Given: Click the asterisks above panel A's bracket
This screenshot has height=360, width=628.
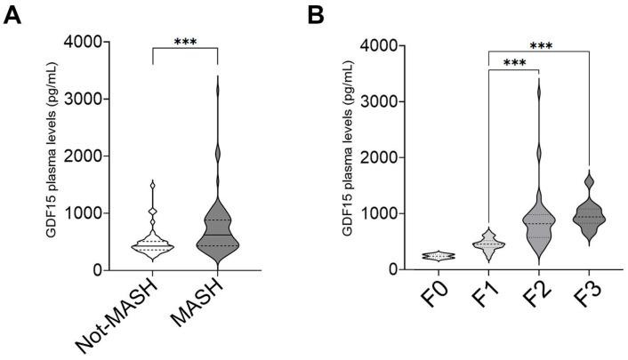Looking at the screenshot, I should coord(185,42).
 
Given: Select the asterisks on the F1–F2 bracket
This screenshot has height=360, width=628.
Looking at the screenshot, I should coord(513,63).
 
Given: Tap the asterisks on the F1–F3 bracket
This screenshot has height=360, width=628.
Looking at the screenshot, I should coord(539,44).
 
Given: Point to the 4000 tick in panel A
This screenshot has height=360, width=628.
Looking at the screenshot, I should coord(78,42).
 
